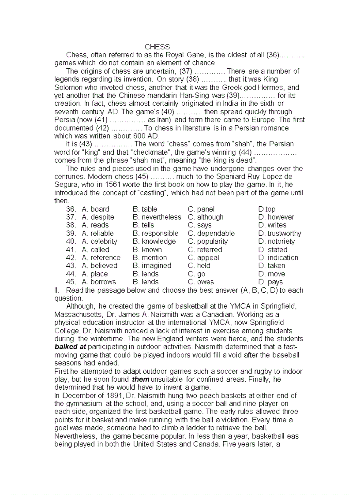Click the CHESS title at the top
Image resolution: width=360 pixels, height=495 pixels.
pyautogui.click(x=157, y=47)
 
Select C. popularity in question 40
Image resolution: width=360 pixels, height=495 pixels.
pyautogui.click(x=208, y=242)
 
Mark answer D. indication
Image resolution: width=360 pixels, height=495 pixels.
pyautogui.click(x=278, y=258)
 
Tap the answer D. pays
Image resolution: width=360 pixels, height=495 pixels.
pyautogui.click(x=270, y=282)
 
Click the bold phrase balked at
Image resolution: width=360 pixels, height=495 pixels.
pyautogui.click(x=70, y=347)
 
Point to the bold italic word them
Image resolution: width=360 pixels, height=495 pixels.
pyautogui.click(x=141, y=380)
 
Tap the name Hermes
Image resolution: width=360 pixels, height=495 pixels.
pyautogui.click(x=276, y=87)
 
